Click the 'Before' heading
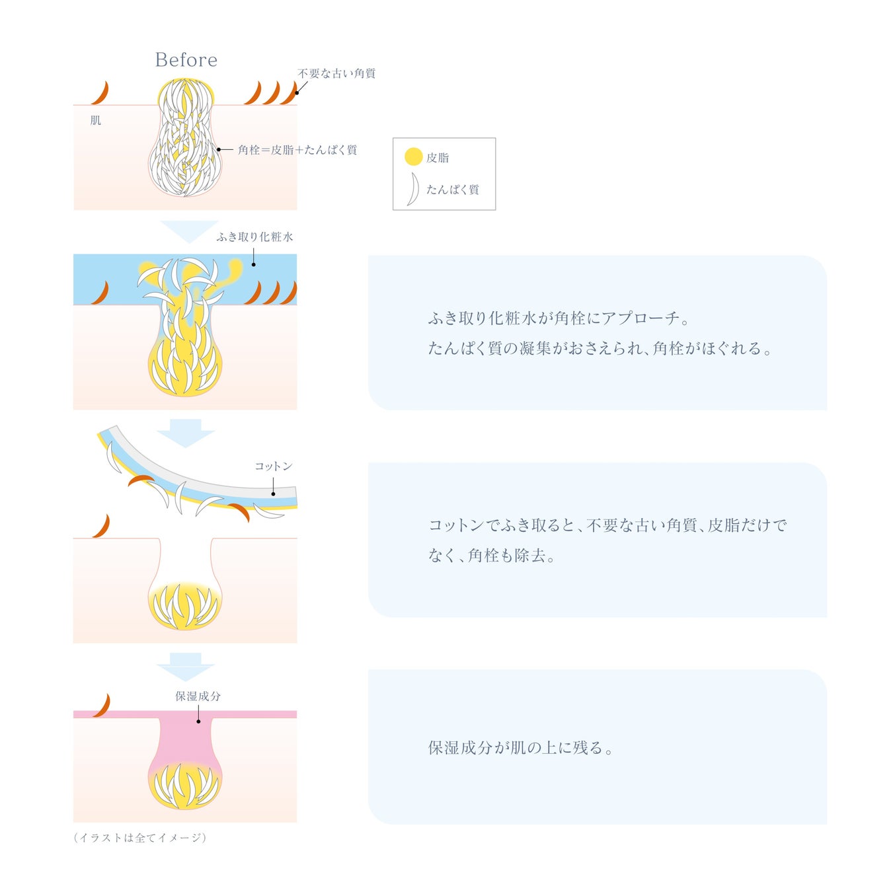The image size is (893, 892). click(186, 60)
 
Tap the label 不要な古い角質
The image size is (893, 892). click(336, 73)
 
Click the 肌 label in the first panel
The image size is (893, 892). click(96, 120)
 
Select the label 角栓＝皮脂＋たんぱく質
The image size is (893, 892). click(297, 150)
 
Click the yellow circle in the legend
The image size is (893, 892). click(413, 157)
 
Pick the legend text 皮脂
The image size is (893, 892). click(438, 158)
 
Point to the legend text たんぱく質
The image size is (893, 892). click(452, 190)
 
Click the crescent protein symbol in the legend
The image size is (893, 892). click(413, 189)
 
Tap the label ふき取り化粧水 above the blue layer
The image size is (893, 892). click(254, 237)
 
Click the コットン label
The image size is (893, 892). click(273, 466)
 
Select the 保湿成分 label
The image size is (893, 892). click(198, 696)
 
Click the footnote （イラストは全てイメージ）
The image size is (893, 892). click(140, 838)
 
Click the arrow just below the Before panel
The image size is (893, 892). click(188, 231)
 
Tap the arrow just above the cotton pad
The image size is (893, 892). click(186, 432)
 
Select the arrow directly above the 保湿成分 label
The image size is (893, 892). click(186, 666)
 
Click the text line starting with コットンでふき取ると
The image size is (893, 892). click(607, 525)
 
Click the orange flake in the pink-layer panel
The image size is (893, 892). click(102, 706)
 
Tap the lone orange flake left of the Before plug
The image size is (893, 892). click(100, 93)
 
